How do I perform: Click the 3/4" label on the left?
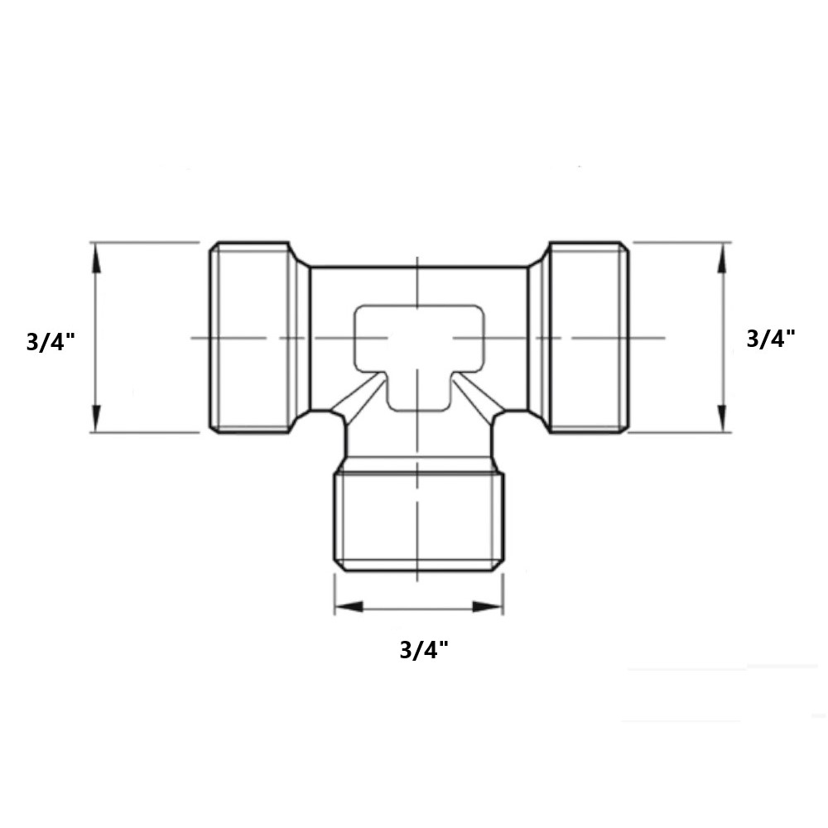click(x=51, y=342)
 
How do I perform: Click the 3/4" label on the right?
click(x=771, y=338)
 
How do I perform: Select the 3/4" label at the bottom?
click(x=423, y=650)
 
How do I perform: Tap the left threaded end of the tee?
click(x=251, y=338)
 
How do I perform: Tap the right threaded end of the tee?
click(x=585, y=338)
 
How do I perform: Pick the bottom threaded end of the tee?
click(x=419, y=522)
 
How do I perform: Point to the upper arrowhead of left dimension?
click(x=96, y=258)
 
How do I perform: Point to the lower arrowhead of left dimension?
click(x=96, y=417)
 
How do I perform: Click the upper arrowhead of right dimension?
click(x=724, y=258)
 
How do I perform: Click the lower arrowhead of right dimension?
click(x=724, y=417)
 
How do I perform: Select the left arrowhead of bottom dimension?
click(x=349, y=607)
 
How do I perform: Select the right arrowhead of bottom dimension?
click(x=488, y=607)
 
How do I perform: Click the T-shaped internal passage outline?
click(x=419, y=348)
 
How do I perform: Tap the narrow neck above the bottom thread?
click(x=419, y=451)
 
